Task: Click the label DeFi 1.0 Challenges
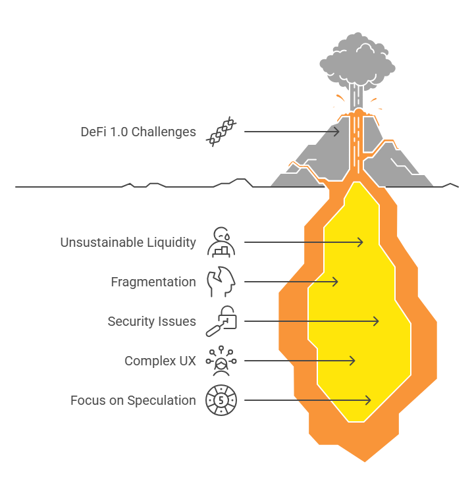pos(138,132)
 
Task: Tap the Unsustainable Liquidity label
pos(128,242)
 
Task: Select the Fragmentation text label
pos(153,282)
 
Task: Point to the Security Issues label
pos(152,321)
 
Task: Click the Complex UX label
pos(161,361)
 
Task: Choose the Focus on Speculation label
pos(133,400)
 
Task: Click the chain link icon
pos(221,132)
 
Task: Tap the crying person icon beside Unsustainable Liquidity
pos(221,242)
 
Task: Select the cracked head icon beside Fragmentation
pos(221,282)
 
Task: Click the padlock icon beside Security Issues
pos(221,321)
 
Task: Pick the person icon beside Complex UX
pos(221,361)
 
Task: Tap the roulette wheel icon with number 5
pos(221,400)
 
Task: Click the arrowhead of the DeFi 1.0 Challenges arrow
pos(337,132)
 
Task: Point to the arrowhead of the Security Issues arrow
pos(377,321)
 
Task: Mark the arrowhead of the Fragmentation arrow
pos(336,282)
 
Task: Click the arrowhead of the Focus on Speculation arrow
pos(369,400)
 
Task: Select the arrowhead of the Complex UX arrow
pos(353,361)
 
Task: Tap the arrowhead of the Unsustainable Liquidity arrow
pos(361,242)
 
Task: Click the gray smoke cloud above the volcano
pos(357,62)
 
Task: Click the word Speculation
pos(162,401)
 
